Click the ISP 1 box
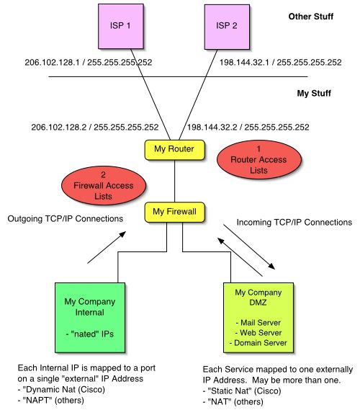[x=121, y=26]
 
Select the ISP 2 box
[x=227, y=27]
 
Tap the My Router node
[x=174, y=150]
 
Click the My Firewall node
[x=174, y=212]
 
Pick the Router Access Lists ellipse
[x=259, y=159]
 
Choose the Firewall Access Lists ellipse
[x=104, y=185]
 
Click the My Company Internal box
[x=90, y=318]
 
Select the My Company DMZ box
[x=258, y=318]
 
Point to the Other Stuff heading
[x=310, y=17]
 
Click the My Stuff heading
[x=314, y=94]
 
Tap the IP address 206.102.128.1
[x=52, y=62]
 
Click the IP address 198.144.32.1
[x=244, y=62]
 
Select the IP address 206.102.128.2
[x=59, y=127]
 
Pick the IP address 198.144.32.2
[x=212, y=127]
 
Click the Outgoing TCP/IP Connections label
[x=66, y=218]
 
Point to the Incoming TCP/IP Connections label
[x=294, y=222]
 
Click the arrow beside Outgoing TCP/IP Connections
[x=107, y=247]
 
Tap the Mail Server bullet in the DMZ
[x=258, y=322]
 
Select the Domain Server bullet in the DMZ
[x=258, y=343]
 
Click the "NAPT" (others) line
[x=51, y=401]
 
